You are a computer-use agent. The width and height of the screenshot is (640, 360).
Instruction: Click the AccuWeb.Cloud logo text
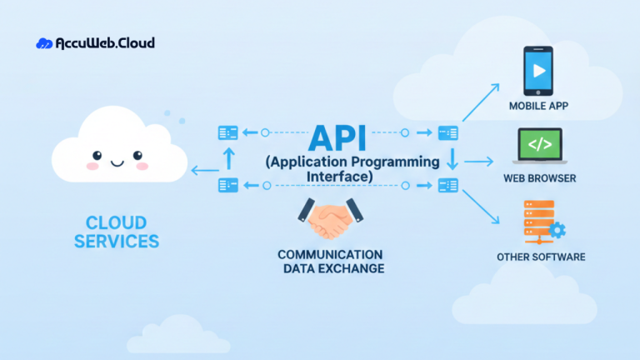(x=105, y=43)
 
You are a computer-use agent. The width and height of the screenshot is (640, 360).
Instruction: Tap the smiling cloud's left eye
(x=97, y=155)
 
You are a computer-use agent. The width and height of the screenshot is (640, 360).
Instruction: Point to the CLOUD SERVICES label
(x=116, y=232)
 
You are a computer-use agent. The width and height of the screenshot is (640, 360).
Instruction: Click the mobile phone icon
(x=538, y=70)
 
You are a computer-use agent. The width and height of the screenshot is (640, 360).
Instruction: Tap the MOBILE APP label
(x=539, y=107)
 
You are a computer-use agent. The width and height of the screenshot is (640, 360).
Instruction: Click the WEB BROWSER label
(x=539, y=178)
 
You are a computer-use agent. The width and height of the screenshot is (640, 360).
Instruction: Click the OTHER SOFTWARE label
(x=541, y=257)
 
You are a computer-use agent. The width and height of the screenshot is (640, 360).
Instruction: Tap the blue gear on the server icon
(x=557, y=229)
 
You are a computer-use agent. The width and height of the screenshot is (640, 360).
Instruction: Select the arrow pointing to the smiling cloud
(x=202, y=171)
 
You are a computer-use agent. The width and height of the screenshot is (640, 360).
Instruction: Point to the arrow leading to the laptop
(x=478, y=162)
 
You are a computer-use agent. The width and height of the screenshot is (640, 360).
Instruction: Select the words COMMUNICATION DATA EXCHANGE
(x=331, y=261)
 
